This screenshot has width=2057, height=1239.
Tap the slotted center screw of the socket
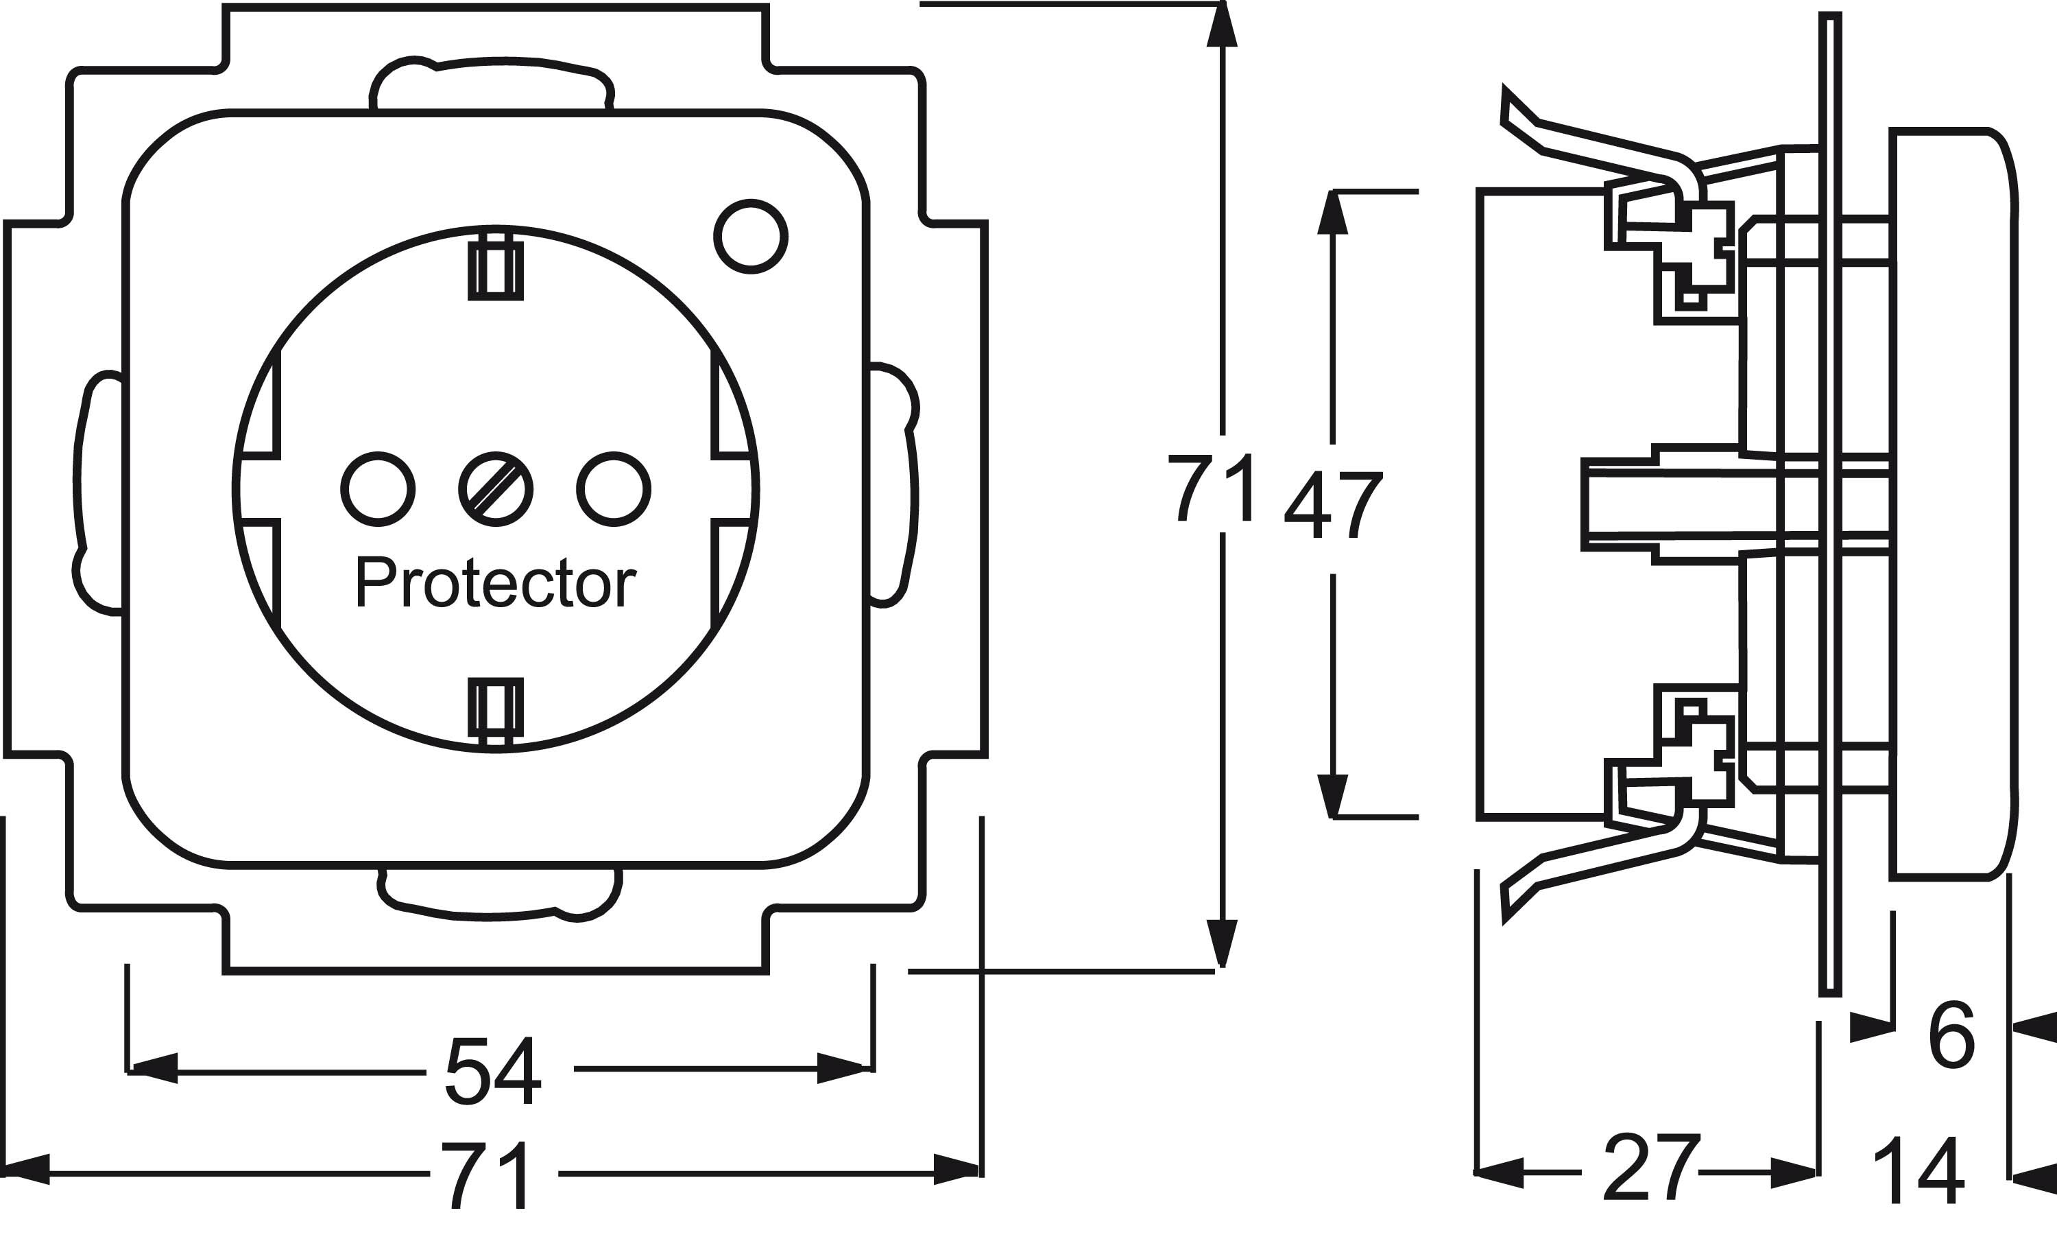click(x=496, y=490)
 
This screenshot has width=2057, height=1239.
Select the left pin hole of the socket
click(x=378, y=490)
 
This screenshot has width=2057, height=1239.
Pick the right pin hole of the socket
click(x=614, y=490)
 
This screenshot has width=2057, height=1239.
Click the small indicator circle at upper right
click(x=751, y=236)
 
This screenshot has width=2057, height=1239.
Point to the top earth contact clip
click(x=496, y=269)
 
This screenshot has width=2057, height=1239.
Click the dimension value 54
click(x=494, y=1072)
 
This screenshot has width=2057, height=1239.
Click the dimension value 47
click(x=1334, y=506)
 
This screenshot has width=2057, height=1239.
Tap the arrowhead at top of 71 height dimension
click(x=1223, y=25)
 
